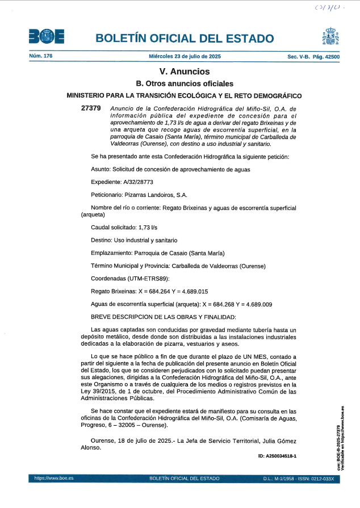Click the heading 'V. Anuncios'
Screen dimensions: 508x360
pos(185,72)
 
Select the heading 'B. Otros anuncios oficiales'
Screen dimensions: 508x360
pos(185,84)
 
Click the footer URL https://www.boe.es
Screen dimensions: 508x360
pos(50,479)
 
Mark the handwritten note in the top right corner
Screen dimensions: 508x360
pos(330,9)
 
